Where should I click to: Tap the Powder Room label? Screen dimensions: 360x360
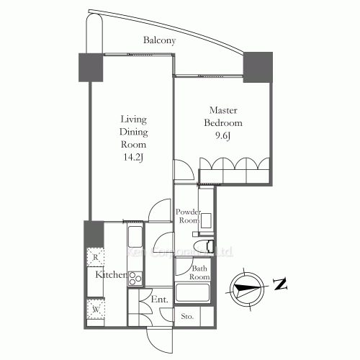(x=187, y=217)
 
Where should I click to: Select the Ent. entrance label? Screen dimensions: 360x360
(x=159, y=299)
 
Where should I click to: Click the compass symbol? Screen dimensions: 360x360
(x=245, y=287)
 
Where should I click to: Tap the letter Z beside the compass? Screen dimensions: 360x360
(x=280, y=286)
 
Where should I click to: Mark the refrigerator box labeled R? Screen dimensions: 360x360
(x=95, y=256)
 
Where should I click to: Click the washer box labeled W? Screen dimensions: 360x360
(x=95, y=310)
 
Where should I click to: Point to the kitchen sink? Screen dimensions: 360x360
(x=135, y=236)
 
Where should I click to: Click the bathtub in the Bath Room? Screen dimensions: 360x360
(x=193, y=294)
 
